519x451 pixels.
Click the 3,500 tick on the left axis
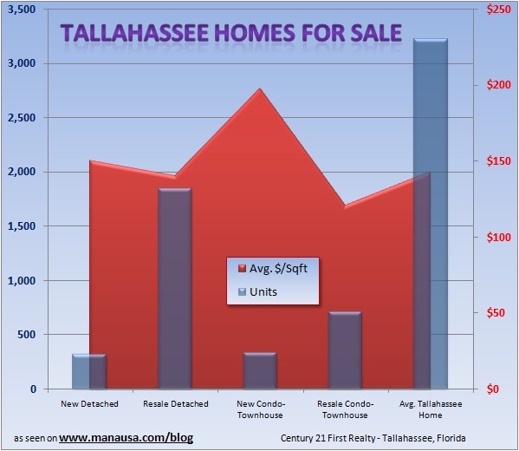pyautogui.click(x=23, y=9)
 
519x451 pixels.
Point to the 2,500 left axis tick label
pyautogui.click(x=23, y=117)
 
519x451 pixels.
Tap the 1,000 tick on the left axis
pyautogui.click(x=23, y=280)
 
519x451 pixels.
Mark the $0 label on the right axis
pyautogui.click(x=494, y=389)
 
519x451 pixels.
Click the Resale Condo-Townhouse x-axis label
pyautogui.click(x=345, y=409)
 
